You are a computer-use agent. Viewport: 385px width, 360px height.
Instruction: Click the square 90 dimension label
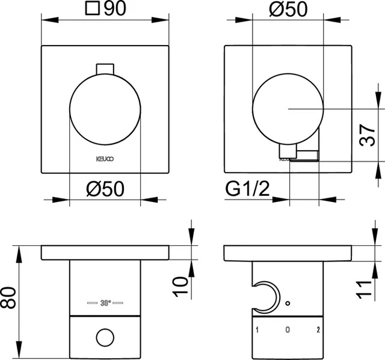[105, 10]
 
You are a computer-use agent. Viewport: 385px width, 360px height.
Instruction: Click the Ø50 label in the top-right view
[288, 10]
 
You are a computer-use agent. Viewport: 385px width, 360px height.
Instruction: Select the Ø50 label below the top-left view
[105, 189]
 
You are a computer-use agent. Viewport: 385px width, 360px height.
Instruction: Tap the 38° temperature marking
[105, 302]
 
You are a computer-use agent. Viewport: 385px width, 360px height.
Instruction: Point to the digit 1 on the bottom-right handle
[257, 330]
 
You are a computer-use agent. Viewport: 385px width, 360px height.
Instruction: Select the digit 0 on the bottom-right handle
[288, 330]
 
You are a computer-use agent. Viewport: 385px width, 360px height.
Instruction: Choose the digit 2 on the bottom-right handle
[318, 330]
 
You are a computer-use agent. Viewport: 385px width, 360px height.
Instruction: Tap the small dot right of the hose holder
[288, 303]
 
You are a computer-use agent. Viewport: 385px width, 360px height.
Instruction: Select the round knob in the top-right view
[288, 108]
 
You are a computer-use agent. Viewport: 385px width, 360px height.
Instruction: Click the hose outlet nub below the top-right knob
[288, 153]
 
